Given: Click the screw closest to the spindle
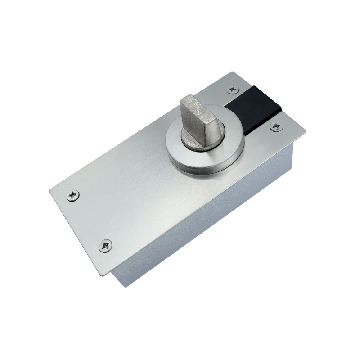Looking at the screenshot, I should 233,89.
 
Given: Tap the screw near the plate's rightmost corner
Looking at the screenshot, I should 276,127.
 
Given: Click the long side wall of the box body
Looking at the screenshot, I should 202,225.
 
